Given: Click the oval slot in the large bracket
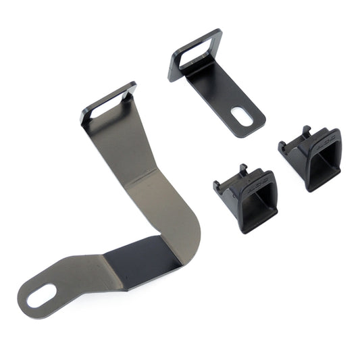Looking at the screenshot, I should (x=41, y=294).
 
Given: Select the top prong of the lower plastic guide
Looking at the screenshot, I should (x=242, y=168).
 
